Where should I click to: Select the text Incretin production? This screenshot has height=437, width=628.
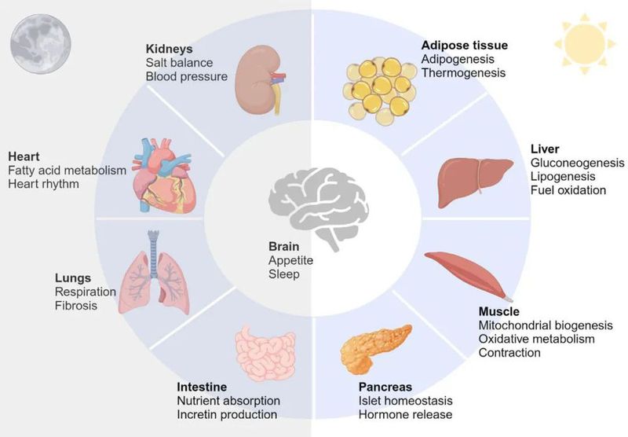coord(227,414)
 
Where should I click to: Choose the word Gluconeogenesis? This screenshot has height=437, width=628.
coord(577,163)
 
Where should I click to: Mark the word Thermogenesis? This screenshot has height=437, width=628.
coord(463,73)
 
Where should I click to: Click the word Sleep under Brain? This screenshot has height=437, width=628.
coord(283,274)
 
